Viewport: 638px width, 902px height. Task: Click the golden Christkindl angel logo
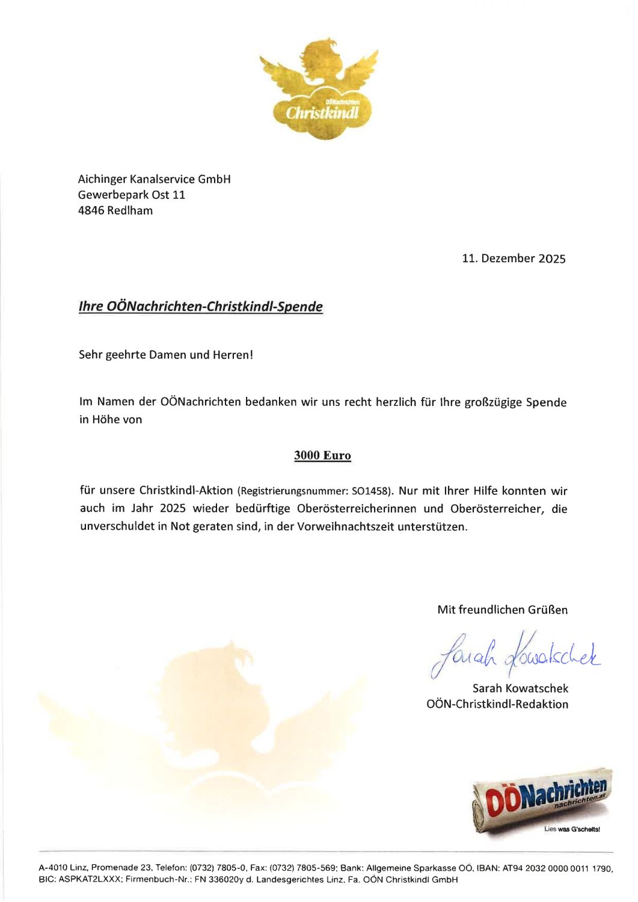pyautogui.click(x=319, y=90)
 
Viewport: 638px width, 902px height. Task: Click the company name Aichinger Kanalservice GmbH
pyautogui.click(x=154, y=179)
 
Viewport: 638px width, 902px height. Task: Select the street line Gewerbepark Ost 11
pyautogui.click(x=131, y=195)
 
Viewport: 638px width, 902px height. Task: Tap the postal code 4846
pyautogui.click(x=91, y=211)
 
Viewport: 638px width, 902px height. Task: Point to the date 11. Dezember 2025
pyautogui.click(x=514, y=259)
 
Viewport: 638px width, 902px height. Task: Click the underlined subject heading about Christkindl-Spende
pyautogui.click(x=200, y=307)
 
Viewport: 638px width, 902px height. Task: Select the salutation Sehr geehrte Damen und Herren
pyautogui.click(x=165, y=355)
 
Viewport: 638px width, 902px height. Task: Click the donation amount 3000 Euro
pyautogui.click(x=322, y=456)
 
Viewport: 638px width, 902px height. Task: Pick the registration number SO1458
pyautogui.click(x=371, y=492)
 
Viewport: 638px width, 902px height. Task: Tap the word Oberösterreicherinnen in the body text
pyautogui.click(x=357, y=509)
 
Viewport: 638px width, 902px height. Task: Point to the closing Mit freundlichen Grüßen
pyautogui.click(x=502, y=610)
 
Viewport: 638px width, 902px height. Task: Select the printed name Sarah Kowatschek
pyautogui.click(x=520, y=689)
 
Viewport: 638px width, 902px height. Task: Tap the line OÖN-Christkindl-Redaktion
pyautogui.click(x=497, y=704)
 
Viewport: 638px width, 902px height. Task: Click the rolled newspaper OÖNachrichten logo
pyautogui.click(x=541, y=800)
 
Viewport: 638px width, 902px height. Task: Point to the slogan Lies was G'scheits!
pyautogui.click(x=572, y=830)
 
